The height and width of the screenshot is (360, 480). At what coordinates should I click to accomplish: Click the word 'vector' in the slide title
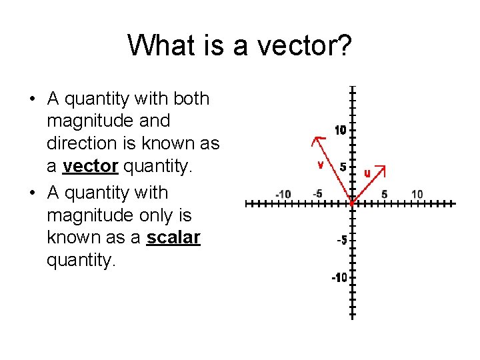[x=296, y=46]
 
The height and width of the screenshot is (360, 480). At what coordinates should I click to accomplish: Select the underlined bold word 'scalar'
[x=173, y=237]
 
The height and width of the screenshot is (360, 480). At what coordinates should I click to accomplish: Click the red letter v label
[x=321, y=163]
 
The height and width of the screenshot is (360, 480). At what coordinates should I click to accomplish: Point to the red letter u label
[x=367, y=173]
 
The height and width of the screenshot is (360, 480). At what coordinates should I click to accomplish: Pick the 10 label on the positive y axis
[x=340, y=131]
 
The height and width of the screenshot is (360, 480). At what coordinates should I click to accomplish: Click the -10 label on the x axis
[x=283, y=194]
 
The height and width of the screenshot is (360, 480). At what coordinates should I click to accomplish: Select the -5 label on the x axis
[x=317, y=193]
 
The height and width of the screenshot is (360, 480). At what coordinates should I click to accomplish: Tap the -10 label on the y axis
[x=339, y=277]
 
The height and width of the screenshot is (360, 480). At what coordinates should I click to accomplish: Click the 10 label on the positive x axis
[x=417, y=194]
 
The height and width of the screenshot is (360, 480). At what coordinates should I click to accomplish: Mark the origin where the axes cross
[x=351, y=203]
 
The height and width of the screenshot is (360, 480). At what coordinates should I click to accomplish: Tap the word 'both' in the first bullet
[x=191, y=99]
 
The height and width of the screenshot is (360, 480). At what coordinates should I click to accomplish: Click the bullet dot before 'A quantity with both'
[x=32, y=99]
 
